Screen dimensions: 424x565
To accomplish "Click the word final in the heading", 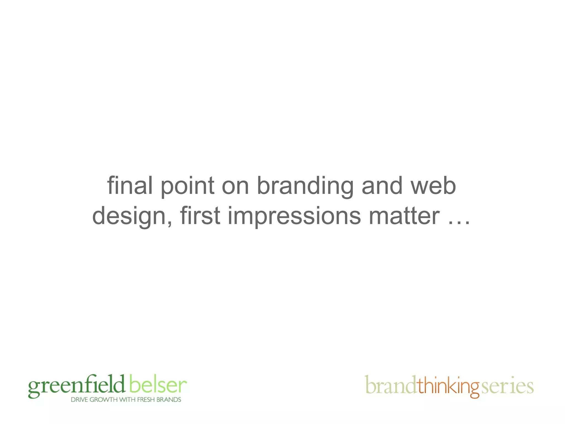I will (130, 185).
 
